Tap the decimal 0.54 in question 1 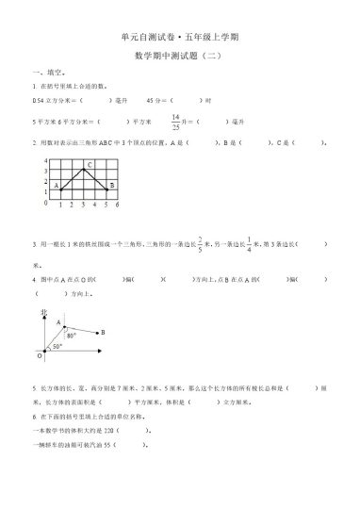[x=39, y=99]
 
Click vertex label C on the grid [x=87, y=166]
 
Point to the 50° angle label [x=56, y=347]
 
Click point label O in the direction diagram [x=39, y=358]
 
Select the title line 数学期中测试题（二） [x=180, y=57]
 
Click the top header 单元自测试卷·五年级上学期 [x=180, y=36]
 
